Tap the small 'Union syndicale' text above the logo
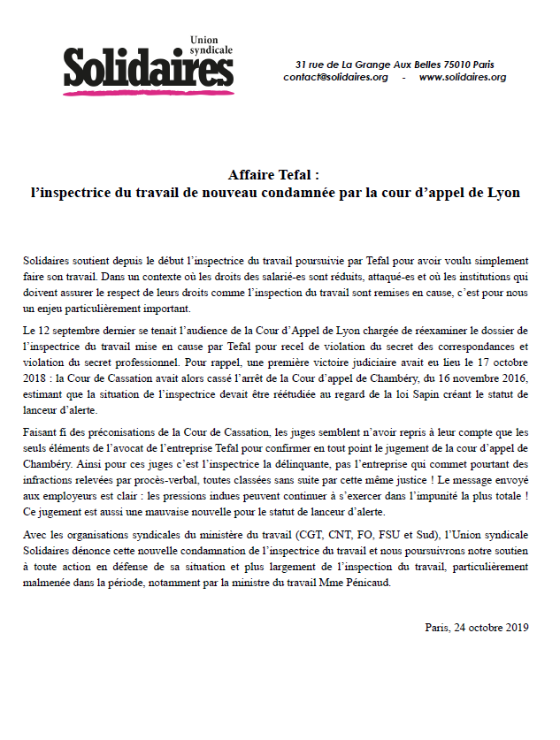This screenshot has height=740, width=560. (x=211, y=45)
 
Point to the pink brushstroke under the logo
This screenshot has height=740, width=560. (x=146, y=89)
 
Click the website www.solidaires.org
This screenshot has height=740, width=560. (x=462, y=78)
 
